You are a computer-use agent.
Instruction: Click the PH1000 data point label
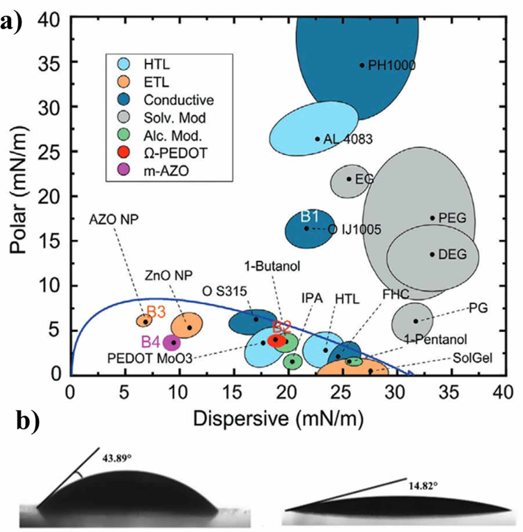391,66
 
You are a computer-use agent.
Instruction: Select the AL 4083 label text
348,139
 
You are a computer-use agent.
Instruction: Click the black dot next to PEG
432,218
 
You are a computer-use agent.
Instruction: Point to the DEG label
453,254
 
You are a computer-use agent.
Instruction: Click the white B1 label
309,217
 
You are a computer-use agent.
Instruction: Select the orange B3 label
156,312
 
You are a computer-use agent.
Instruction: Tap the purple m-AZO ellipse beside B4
172,342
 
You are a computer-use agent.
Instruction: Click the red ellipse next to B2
276,340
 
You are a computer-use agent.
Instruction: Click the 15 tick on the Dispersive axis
233,393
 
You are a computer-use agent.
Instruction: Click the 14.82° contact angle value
423,486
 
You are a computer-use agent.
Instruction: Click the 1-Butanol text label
272,266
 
